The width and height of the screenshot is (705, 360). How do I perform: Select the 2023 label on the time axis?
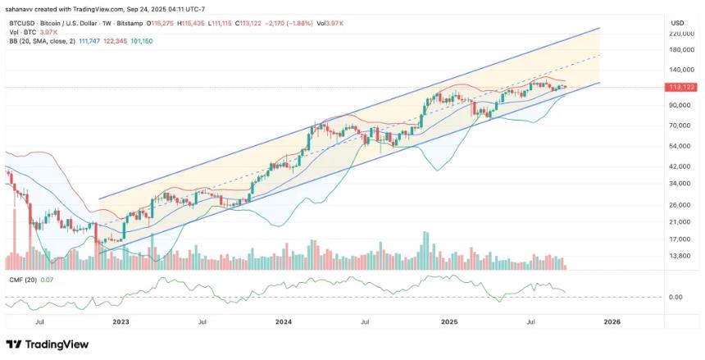pos(121,323)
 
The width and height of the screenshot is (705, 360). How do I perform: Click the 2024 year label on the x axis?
pos(284,323)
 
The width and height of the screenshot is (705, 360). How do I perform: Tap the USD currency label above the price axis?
pos(677,22)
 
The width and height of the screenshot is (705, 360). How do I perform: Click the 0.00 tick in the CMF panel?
pos(676,297)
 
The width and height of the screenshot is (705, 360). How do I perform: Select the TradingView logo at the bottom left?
pos(42,344)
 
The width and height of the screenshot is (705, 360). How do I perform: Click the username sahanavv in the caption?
pos(21,8)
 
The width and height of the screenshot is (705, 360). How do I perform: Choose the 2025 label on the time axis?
pos(448,323)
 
